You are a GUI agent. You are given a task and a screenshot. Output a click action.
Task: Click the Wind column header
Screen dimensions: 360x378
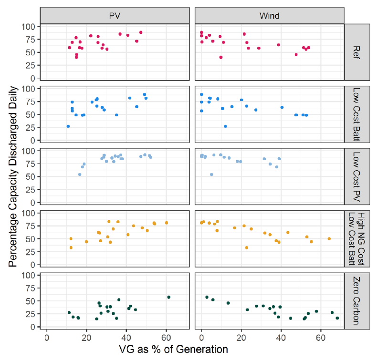270,15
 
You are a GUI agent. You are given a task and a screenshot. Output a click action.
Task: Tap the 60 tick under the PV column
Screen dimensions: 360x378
166,337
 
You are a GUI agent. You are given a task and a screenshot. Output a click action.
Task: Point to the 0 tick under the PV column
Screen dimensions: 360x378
47,337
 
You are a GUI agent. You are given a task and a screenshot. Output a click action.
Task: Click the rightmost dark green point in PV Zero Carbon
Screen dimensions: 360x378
168,297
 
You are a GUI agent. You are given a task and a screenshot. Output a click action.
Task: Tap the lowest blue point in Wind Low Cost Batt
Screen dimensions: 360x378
225,126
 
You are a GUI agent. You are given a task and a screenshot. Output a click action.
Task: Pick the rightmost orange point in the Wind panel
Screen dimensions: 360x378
329,238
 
